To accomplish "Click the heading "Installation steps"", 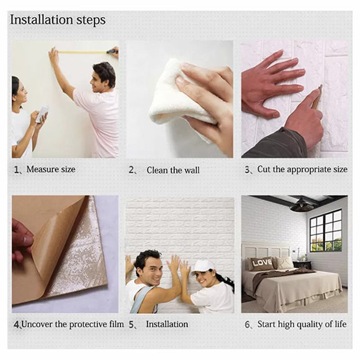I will pos(58,20).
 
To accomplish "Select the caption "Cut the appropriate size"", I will pos(302,169).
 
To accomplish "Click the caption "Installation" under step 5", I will pos(166,325).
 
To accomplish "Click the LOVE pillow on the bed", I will pos(261,263).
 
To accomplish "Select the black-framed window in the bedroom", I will pos(325,230).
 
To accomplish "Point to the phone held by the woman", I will pos(42,114).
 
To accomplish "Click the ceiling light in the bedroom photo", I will pos(302,206).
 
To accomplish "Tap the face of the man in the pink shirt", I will pos(101,77).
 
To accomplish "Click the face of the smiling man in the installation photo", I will pos(148,268).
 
